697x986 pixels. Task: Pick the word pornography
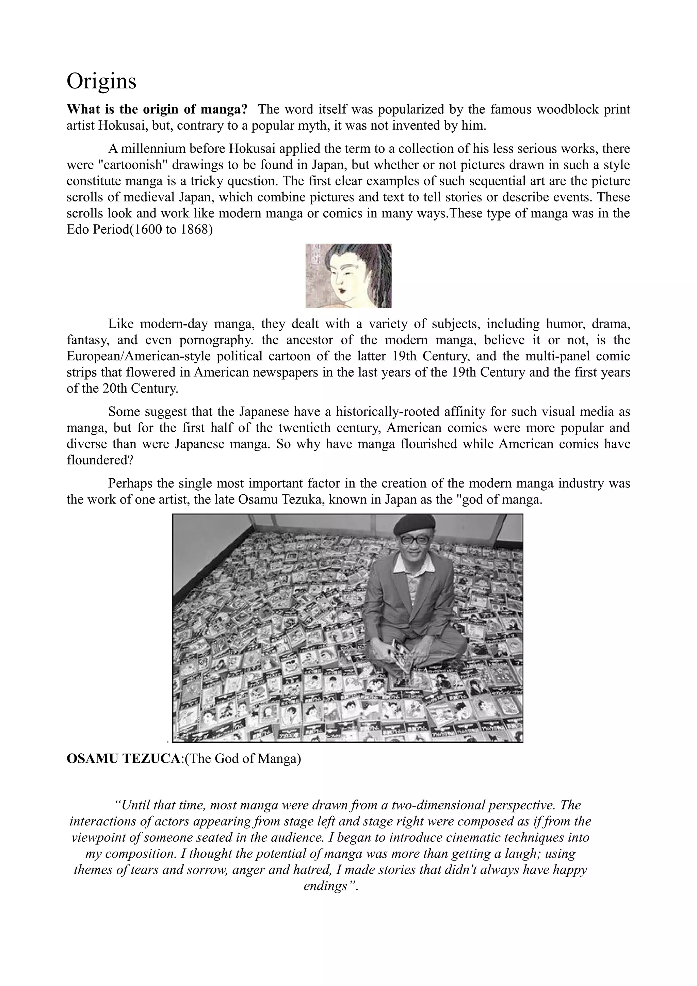pos(213,340)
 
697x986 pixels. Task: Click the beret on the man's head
pos(415,524)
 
